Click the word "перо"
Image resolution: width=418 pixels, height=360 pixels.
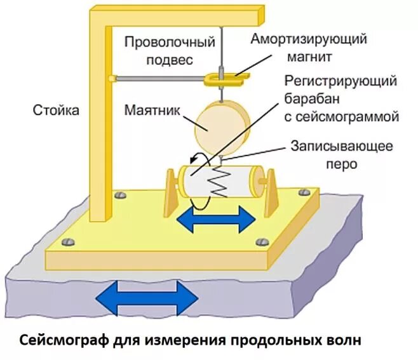click(343, 163)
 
